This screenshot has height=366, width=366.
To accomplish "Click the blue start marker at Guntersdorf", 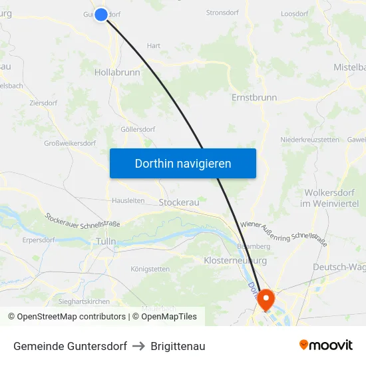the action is click(101, 14).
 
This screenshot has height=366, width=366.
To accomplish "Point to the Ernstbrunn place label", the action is click(254, 97).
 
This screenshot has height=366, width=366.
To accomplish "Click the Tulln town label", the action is click(106, 242).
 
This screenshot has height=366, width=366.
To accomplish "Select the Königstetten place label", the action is click(150, 269).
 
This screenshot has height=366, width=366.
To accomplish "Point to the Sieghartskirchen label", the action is click(84, 301).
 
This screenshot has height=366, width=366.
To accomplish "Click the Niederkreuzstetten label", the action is click(310, 140).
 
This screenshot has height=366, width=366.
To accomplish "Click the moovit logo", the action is click(326, 345).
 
